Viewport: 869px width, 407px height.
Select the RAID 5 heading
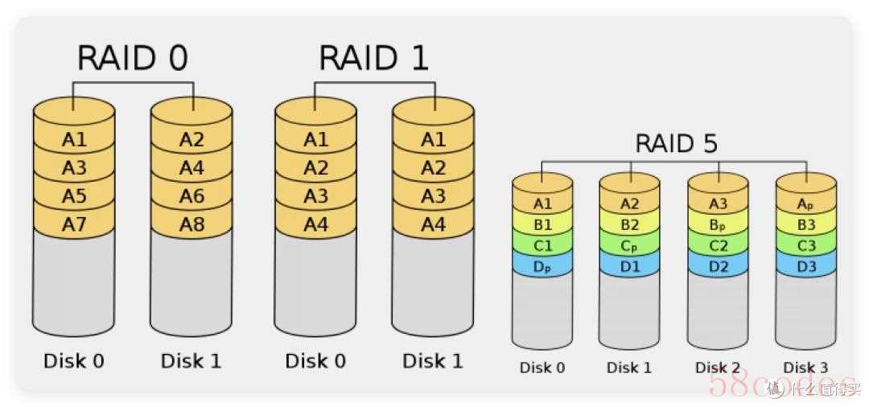pos(676,144)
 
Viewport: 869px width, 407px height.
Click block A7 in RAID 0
pos(74,224)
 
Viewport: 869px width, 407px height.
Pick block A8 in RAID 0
pos(192,224)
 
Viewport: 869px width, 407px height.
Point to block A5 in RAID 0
pos(74,196)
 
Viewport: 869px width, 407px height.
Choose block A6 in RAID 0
pos(192,196)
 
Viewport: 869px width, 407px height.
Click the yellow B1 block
pos(542,224)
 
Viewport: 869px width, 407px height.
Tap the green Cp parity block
pos(629,245)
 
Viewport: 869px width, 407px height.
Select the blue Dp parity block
pos(542,266)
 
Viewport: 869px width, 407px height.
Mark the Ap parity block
pos(805,204)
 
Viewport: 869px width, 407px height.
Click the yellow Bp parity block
pos(717,224)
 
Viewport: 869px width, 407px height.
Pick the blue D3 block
pos(805,266)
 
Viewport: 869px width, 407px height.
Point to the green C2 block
pos(717,245)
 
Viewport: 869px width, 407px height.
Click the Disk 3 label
pos(805,368)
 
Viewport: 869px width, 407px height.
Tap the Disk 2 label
pos(717,368)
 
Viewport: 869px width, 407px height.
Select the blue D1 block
pos(629,266)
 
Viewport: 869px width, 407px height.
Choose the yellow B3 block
pos(805,224)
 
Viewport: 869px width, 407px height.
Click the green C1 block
pos(542,245)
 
